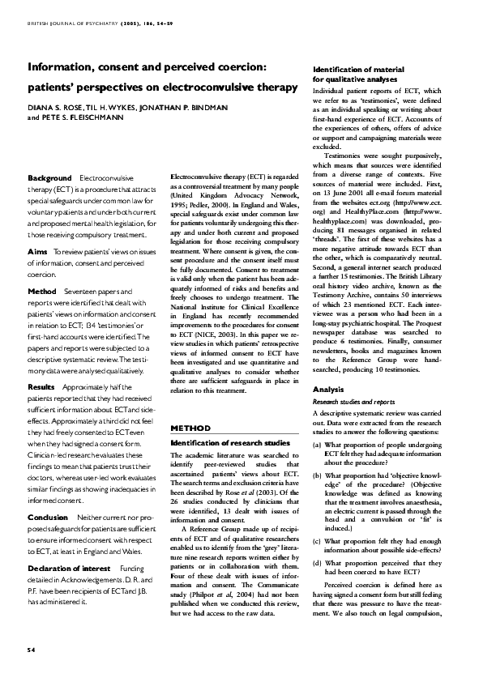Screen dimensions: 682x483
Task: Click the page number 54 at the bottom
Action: [x=32, y=650]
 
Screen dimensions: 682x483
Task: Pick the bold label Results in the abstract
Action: [x=41, y=387]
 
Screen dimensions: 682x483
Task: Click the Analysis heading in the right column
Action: [x=329, y=389]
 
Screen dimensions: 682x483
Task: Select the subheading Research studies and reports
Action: [x=354, y=401]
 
